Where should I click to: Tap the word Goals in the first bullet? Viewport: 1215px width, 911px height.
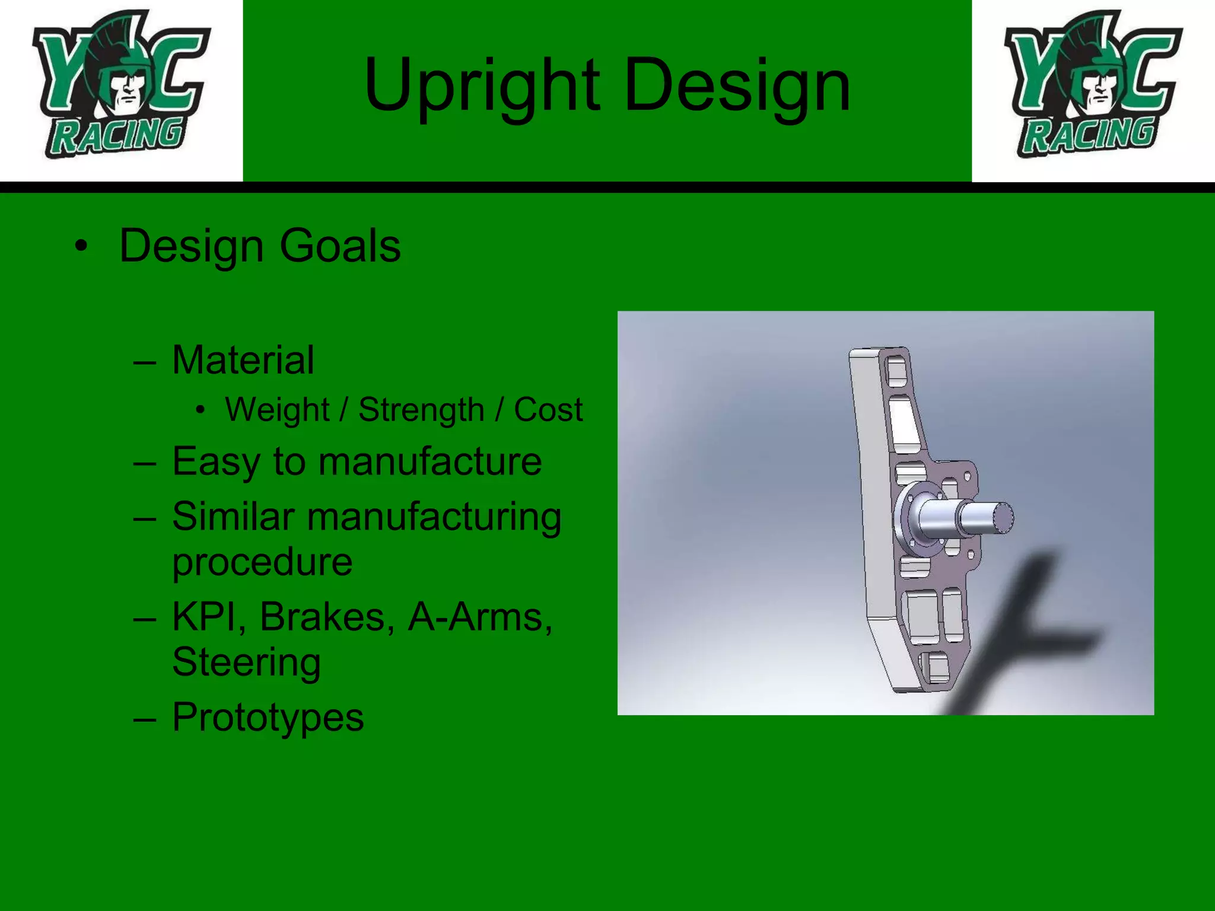tap(340, 246)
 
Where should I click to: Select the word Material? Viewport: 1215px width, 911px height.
tap(243, 360)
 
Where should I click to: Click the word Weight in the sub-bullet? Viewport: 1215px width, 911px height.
tap(277, 410)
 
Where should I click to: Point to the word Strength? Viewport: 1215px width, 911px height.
tap(421, 410)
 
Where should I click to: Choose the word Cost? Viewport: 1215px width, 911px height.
tap(548, 410)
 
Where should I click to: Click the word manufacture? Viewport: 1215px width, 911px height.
tap(430, 461)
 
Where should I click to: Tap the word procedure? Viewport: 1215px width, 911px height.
tap(262, 562)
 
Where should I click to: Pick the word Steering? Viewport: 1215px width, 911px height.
tap(246, 662)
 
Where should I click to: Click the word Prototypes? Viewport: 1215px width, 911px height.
tap(268, 718)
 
